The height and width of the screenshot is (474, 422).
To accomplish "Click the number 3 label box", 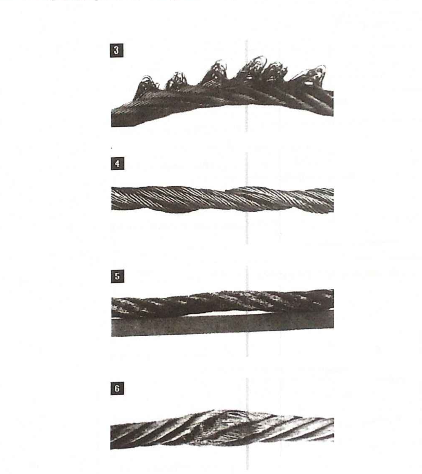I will click(x=116, y=50).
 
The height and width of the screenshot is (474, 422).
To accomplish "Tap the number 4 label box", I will click(x=117, y=164).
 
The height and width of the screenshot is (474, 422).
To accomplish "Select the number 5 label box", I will click(x=117, y=276).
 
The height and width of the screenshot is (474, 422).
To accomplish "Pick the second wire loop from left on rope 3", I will click(x=177, y=79).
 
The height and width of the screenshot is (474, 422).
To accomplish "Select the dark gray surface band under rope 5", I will click(x=223, y=325).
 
